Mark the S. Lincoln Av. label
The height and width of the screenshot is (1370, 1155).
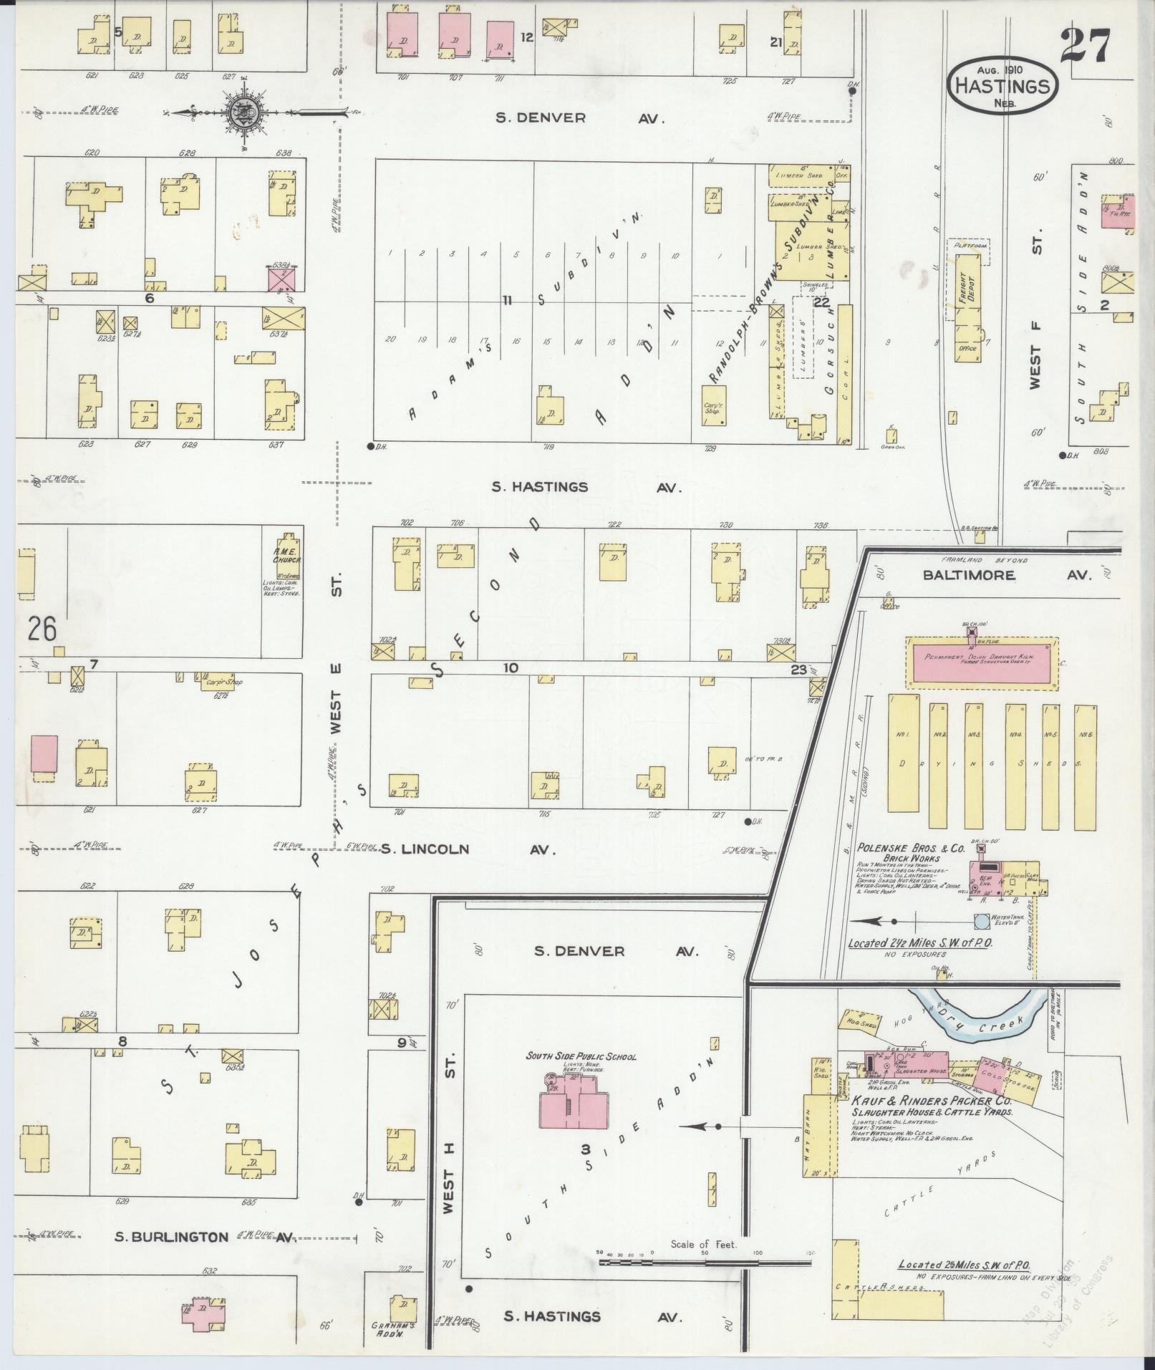tap(468, 849)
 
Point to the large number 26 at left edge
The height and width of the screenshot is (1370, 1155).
tap(43, 629)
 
